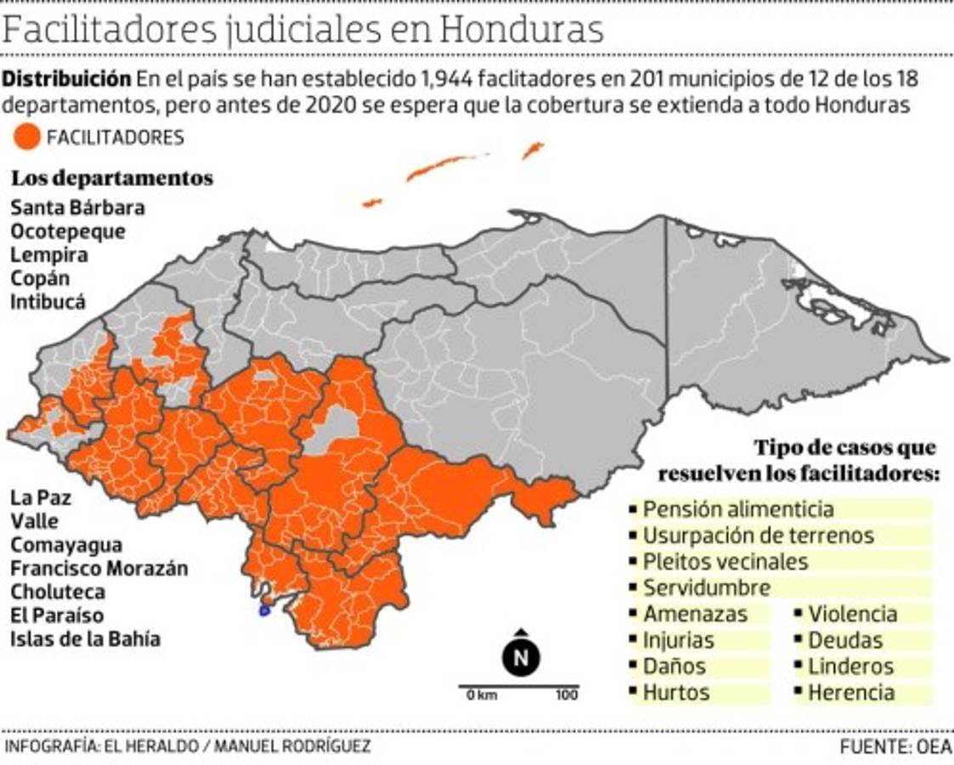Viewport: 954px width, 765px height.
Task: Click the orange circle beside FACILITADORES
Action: [28, 138]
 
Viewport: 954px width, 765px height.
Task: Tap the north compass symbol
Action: [521, 656]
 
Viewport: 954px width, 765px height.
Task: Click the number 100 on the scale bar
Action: [567, 695]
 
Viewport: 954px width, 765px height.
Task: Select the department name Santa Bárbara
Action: [77, 207]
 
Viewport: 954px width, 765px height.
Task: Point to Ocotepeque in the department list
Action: [68, 231]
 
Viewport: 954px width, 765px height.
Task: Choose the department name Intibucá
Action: [48, 302]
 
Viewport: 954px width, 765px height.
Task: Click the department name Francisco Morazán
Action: [99, 568]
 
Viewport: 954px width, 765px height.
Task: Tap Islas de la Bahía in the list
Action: [85, 638]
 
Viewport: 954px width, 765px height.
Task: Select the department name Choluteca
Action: [58, 592]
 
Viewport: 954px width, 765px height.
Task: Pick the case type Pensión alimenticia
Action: [737, 509]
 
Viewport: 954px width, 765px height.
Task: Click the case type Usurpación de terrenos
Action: [758, 535]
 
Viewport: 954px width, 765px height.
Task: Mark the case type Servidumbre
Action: [706, 587]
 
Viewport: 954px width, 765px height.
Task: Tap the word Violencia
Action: [852, 614]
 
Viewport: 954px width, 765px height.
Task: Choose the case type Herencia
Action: [850, 692]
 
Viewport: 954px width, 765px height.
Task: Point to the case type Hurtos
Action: [675, 692]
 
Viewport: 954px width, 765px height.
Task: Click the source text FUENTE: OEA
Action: [895, 746]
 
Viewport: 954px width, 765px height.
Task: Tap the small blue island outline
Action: [264, 610]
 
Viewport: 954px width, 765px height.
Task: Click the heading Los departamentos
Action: [111, 178]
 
